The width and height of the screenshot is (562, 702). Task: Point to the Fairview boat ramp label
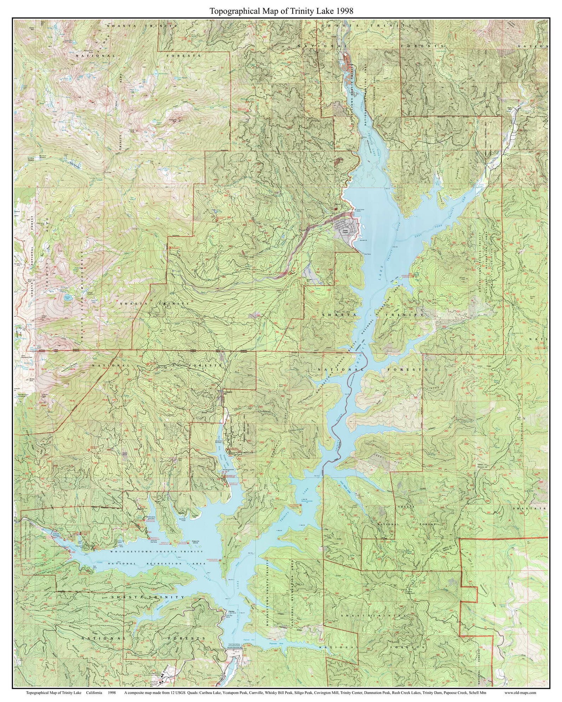tap(230, 611)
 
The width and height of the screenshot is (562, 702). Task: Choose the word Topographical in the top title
tap(229, 11)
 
